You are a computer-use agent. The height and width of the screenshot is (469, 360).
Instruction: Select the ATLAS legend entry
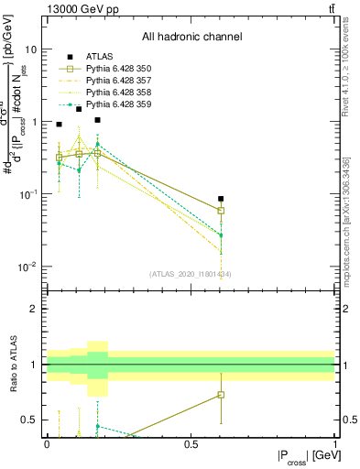96,57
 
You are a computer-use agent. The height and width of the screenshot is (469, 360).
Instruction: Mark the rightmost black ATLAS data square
220,199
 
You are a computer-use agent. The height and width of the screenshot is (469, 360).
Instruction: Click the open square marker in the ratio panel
220,395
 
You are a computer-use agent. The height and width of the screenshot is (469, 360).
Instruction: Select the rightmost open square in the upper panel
220,210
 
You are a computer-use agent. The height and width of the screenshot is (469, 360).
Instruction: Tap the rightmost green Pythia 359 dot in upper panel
220,235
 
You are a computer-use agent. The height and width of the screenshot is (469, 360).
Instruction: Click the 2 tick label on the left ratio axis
35,309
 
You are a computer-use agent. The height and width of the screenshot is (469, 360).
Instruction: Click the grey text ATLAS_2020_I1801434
191,274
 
